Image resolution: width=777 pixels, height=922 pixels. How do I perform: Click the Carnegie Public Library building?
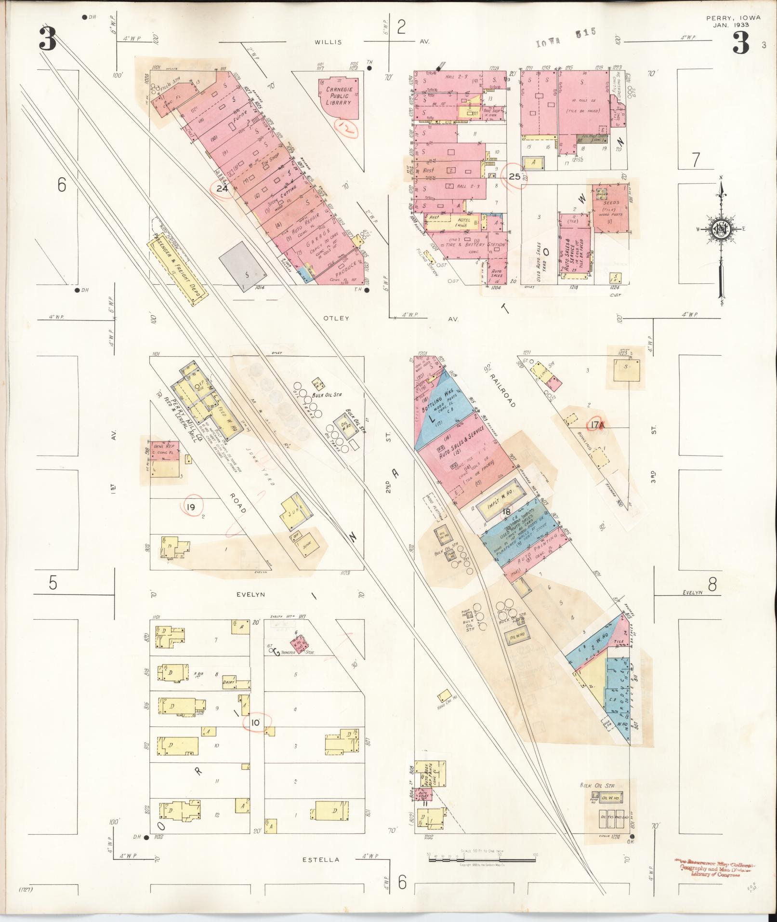pos(338,96)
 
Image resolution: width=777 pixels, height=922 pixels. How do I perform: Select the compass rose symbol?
pos(721,229)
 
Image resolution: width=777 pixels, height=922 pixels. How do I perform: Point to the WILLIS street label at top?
pos(328,42)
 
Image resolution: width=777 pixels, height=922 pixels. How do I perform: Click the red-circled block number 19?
pos(191,507)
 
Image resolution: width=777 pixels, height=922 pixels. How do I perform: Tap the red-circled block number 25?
pos(514,176)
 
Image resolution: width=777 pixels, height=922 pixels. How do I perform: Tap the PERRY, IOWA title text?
pos(733,18)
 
